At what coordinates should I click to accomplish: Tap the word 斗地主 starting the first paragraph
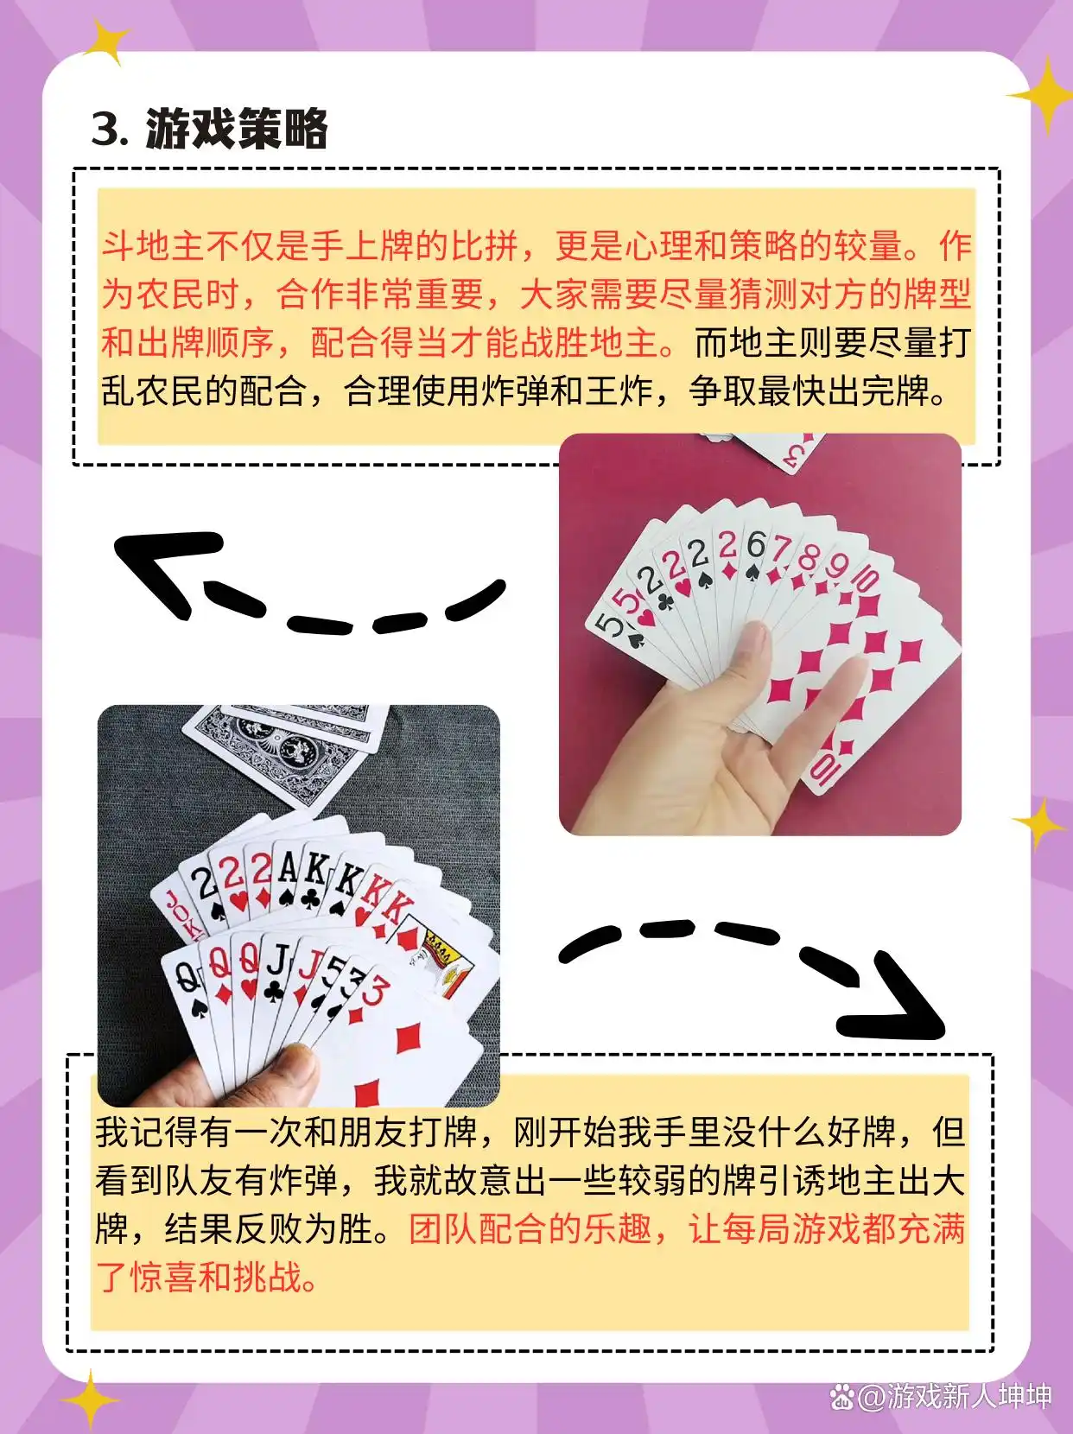[x=152, y=246]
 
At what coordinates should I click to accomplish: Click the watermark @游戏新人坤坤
[x=951, y=1396]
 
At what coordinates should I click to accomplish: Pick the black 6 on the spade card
[x=756, y=546]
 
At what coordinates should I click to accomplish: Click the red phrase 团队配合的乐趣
[x=530, y=1228]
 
